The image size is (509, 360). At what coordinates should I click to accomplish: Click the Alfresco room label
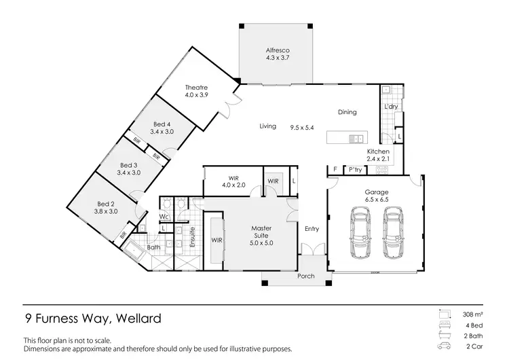click(276, 55)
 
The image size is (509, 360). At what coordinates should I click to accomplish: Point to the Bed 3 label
click(129, 169)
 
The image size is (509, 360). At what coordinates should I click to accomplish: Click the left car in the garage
click(360, 233)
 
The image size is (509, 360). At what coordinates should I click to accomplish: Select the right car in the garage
click(393, 233)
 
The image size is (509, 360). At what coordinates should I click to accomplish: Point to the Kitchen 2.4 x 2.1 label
click(378, 155)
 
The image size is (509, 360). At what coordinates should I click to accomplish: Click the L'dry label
click(390, 107)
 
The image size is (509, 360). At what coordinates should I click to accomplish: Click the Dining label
click(347, 112)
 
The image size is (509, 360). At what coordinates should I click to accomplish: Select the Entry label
click(312, 229)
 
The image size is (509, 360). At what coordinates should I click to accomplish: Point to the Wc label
click(164, 217)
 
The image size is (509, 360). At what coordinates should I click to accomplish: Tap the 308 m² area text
click(473, 315)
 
